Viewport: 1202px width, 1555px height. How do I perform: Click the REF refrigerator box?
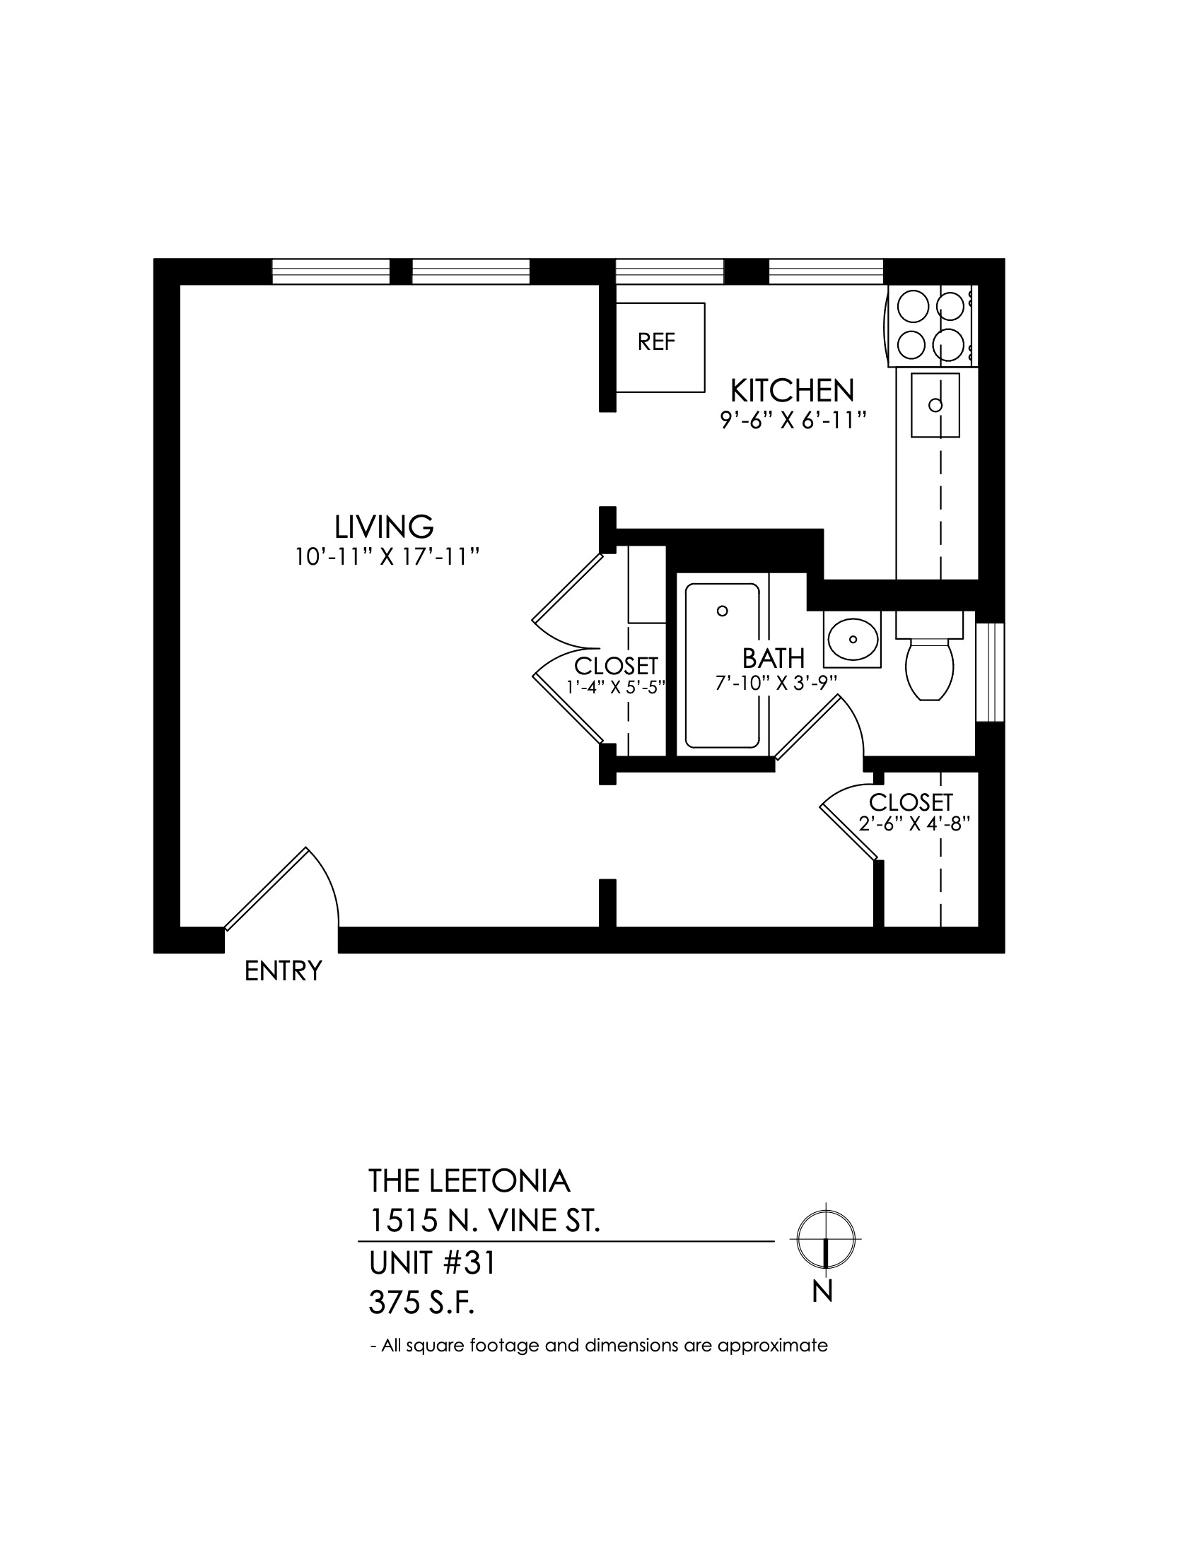point(660,348)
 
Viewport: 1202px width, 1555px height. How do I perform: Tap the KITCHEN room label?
point(793,391)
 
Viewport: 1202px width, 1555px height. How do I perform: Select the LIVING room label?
point(385,527)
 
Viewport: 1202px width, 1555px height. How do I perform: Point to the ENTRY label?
point(284,971)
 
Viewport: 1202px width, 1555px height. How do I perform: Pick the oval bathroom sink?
point(853,640)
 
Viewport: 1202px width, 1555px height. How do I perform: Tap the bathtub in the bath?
point(722,666)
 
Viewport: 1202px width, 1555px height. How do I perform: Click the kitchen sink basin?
point(935,405)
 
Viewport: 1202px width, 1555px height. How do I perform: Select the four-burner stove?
point(931,326)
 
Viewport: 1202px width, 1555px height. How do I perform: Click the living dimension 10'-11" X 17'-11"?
point(385,557)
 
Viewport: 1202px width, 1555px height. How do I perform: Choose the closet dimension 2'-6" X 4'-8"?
point(915,823)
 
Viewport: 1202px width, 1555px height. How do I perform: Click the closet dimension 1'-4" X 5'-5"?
point(616,687)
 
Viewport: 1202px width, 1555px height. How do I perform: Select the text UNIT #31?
point(431,1264)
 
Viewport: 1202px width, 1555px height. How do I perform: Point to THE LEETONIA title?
point(469,1181)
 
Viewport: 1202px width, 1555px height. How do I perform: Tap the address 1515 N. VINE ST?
point(484,1221)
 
